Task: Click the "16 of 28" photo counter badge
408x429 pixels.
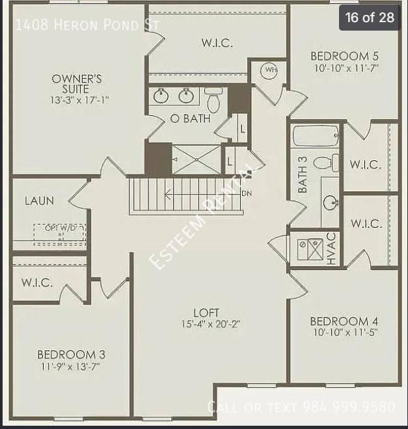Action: (370, 18)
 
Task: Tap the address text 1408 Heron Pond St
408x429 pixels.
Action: (86, 25)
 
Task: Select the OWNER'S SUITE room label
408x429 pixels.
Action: (77, 84)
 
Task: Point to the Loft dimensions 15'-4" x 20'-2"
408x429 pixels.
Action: (211, 324)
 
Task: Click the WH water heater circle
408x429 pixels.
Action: (269, 70)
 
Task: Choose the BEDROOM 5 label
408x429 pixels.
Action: (344, 56)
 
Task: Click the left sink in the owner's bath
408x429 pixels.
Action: (161, 97)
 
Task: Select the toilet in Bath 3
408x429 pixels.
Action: (325, 163)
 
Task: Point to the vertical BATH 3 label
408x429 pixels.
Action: (303, 174)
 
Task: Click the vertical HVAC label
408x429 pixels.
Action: (331, 249)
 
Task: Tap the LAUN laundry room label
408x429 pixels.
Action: (39, 201)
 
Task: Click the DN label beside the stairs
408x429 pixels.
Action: (247, 193)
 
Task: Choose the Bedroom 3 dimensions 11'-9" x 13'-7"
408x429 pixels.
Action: (71, 366)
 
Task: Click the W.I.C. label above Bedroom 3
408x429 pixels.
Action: (36, 283)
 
